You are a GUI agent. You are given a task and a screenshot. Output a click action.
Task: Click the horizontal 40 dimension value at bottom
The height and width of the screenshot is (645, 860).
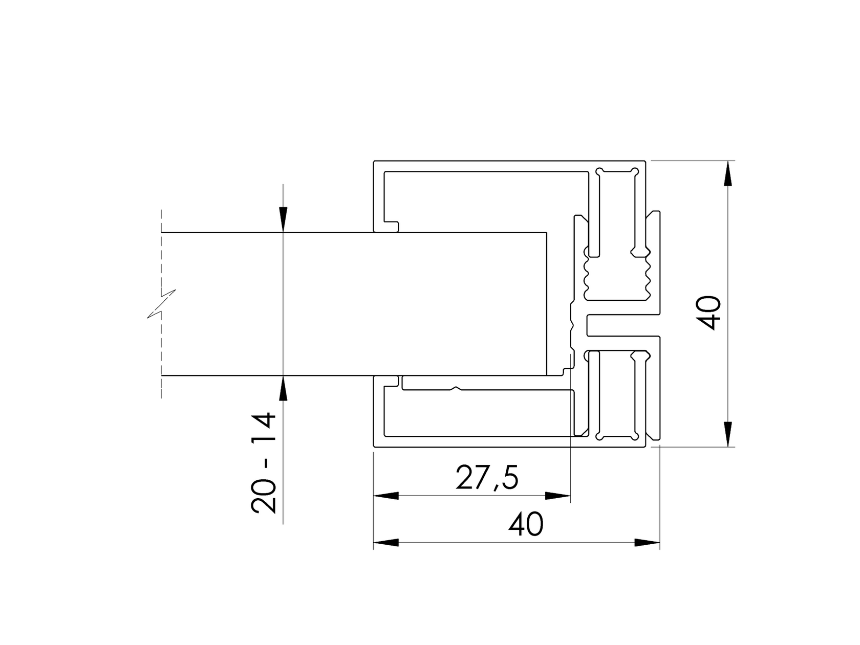(526, 525)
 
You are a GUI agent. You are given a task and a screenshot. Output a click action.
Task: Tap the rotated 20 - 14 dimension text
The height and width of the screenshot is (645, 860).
(264, 462)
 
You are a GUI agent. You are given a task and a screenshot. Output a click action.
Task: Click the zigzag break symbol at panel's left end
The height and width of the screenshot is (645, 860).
(162, 304)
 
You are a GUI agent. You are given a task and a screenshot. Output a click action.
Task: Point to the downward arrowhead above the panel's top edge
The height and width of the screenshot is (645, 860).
(283, 220)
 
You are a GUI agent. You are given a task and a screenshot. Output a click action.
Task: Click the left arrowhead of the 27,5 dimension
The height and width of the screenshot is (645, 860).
(386, 496)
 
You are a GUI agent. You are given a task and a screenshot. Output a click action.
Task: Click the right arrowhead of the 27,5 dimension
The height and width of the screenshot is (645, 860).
(558, 496)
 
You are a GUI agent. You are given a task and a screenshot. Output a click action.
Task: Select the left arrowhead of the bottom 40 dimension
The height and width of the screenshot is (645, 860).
(386, 543)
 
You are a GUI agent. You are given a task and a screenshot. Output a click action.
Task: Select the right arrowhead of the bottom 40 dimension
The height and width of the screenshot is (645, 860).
(647, 543)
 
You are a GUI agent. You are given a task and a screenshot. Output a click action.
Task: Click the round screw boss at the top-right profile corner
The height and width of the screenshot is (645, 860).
(635, 171)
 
